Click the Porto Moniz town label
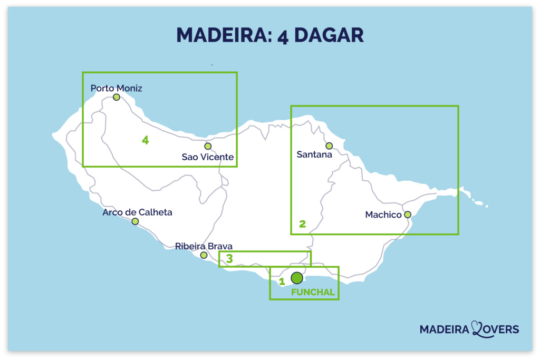(x=116, y=88)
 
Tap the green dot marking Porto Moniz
(x=117, y=97)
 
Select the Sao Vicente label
(x=207, y=157)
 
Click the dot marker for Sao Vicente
(x=208, y=146)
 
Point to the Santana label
(x=314, y=155)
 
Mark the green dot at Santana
(x=329, y=145)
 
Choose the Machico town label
(x=383, y=215)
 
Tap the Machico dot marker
(x=408, y=215)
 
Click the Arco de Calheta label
(x=137, y=212)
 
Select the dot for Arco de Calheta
(x=135, y=221)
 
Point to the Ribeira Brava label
(x=204, y=246)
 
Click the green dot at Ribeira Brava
(x=204, y=255)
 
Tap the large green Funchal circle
(x=297, y=277)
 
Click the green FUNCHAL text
(x=313, y=291)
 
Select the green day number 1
(x=282, y=281)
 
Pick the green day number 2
(x=302, y=224)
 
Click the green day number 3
(x=229, y=259)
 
